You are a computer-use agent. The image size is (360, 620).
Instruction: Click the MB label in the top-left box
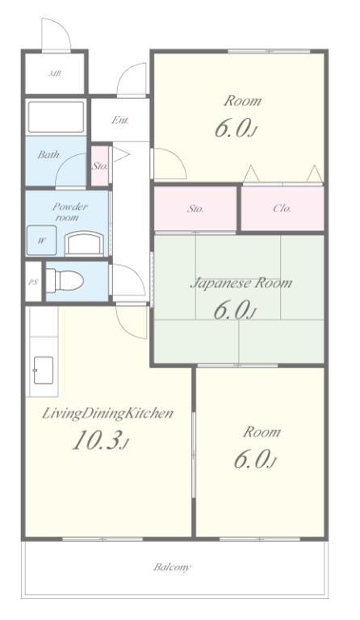coord(55,73)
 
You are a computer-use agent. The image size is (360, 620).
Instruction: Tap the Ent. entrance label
coord(119,119)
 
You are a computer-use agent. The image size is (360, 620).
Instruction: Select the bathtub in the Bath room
coord(56,116)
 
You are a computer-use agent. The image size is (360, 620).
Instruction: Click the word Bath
coord(48,154)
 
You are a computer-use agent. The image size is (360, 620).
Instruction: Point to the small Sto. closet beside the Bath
coord(100,166)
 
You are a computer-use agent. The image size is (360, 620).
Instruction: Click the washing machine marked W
coord(41,240)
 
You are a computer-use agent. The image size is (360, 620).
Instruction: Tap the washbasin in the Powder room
coord(85,244)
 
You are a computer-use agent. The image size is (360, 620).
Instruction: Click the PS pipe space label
coord(33,283)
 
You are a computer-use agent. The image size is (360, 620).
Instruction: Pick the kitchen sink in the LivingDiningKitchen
coord(44,370)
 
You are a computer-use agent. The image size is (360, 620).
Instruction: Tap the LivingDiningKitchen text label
coord(107,414)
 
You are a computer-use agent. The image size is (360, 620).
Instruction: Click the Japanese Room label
coord(241,283)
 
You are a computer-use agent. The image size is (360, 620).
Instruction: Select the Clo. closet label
coord(283,208)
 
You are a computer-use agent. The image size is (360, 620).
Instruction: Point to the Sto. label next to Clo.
coord(195,209)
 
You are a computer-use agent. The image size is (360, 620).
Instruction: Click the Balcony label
coord(172,568)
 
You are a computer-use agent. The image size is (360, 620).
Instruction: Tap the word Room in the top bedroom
coord(243,101)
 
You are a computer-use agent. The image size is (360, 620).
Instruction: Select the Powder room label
coord(66,212)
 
